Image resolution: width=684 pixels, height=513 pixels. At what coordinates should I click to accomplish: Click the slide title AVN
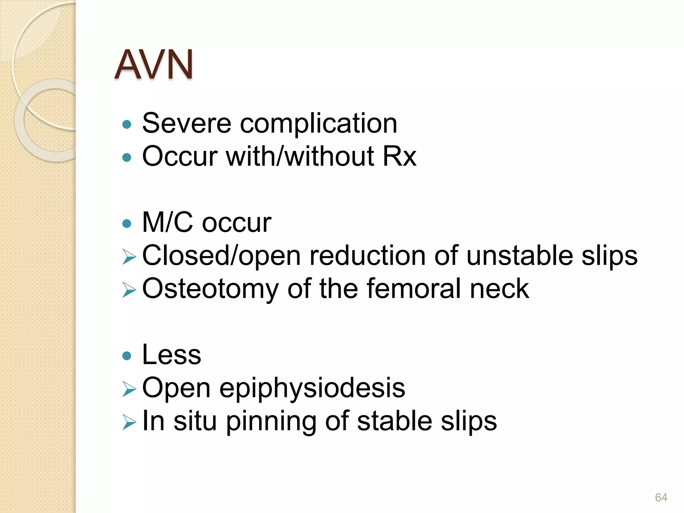pos(154,64)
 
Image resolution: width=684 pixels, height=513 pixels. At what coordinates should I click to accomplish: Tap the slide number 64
pos(661,497)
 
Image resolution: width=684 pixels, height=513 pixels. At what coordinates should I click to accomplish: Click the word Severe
pos(186,123)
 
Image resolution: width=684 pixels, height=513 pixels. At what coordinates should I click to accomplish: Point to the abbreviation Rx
pos(399,156)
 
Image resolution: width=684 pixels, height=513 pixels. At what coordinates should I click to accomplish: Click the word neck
pos(499,289)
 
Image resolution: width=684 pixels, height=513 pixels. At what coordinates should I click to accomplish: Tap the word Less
pos(172,355)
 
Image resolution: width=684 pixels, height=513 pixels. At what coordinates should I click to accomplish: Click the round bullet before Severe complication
pos(127,125)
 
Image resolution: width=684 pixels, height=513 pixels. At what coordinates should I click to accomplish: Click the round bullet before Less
pos(127,356)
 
